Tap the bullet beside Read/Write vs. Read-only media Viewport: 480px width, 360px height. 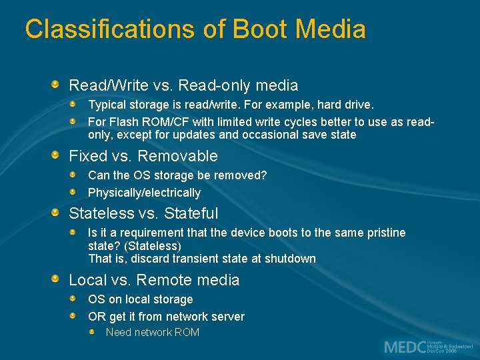pos(57,85)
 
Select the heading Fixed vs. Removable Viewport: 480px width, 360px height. pos(143,156)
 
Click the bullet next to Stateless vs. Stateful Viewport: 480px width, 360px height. pos(57,213)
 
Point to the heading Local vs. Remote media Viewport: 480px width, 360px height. pos(154,280)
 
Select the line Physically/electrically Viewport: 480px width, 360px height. pos(144,193)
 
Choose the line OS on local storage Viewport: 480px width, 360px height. pos(140,299)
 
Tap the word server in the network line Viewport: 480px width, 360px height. pos(227,317)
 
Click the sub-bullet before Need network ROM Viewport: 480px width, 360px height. pos(94,331)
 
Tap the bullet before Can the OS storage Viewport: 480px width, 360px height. pos(76,175)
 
